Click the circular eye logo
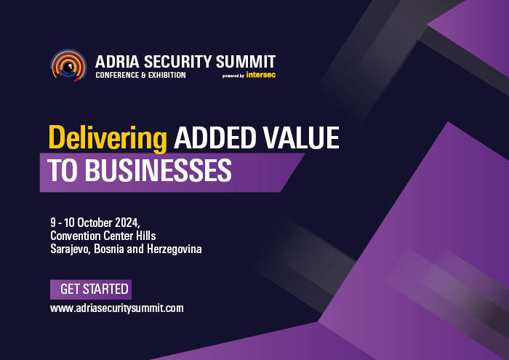(68, 65)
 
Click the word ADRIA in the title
(117, 62)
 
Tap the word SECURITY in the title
(177, 62)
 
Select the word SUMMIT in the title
(246, 62)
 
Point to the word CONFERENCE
(117, 76)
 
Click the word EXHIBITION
(167, 76)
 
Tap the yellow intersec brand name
(260, 75)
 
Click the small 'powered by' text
(233, 76)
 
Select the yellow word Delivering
(108, 139)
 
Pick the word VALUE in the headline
(301, 137)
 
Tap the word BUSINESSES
(158, 170)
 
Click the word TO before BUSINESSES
(63, 170)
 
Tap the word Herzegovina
(175, 249)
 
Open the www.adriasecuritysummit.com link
(117, 308)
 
